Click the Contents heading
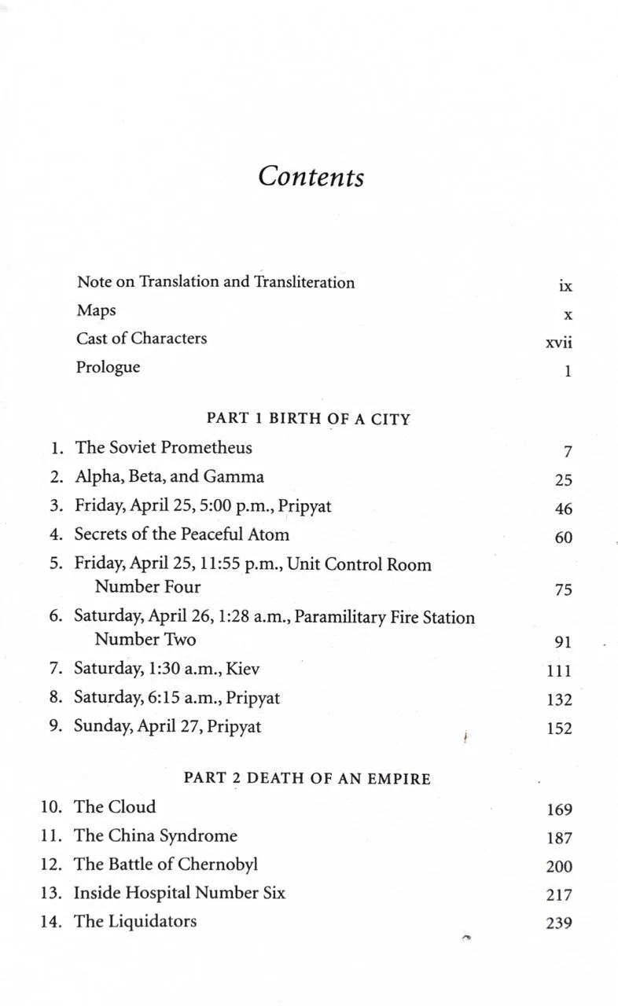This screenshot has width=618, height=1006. point(311,175)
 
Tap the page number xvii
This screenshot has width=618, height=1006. point(558,343)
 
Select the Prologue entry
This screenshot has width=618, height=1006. point(108,367)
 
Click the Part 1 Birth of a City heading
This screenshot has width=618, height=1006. point(308,419)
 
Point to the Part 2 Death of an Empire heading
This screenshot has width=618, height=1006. point(307,778)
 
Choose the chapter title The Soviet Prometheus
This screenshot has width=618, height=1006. point(164,448)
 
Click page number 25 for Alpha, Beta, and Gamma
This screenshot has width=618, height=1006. point(563,480)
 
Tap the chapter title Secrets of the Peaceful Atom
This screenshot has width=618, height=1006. point(182,534)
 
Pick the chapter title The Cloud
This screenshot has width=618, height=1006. point(115,806)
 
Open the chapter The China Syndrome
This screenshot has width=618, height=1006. point(156,835)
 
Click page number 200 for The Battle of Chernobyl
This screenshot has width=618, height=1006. point(559,867)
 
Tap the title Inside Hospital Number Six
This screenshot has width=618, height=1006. point(179,893)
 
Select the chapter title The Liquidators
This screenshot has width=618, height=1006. point(135,921)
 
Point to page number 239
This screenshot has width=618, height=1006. point(559,924)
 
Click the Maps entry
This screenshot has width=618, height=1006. point(96,310)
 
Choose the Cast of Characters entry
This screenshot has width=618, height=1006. point(142,339)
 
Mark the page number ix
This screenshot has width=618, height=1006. point(565,287)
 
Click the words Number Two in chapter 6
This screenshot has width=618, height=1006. point(145,639)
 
